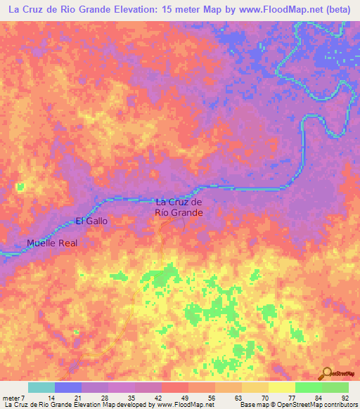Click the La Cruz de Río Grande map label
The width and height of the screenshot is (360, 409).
[x=179, y=207]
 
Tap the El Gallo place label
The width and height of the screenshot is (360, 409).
[x=91, y=221]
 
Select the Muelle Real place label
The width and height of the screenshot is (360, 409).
[x=51, y=243]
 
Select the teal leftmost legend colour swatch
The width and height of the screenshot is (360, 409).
[x=41, y=387]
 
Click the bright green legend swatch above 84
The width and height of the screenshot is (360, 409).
[x=309, y=387]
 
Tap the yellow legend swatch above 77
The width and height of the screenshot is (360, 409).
[x=282, y=387]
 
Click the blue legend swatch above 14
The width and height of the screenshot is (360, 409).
[x=68, y=387]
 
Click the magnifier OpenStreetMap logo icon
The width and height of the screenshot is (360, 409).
[x=328, y=374]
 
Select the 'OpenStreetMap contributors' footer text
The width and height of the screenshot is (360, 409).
[x=320, y=405]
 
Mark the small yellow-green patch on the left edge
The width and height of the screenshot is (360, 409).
[x=20, y=186]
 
